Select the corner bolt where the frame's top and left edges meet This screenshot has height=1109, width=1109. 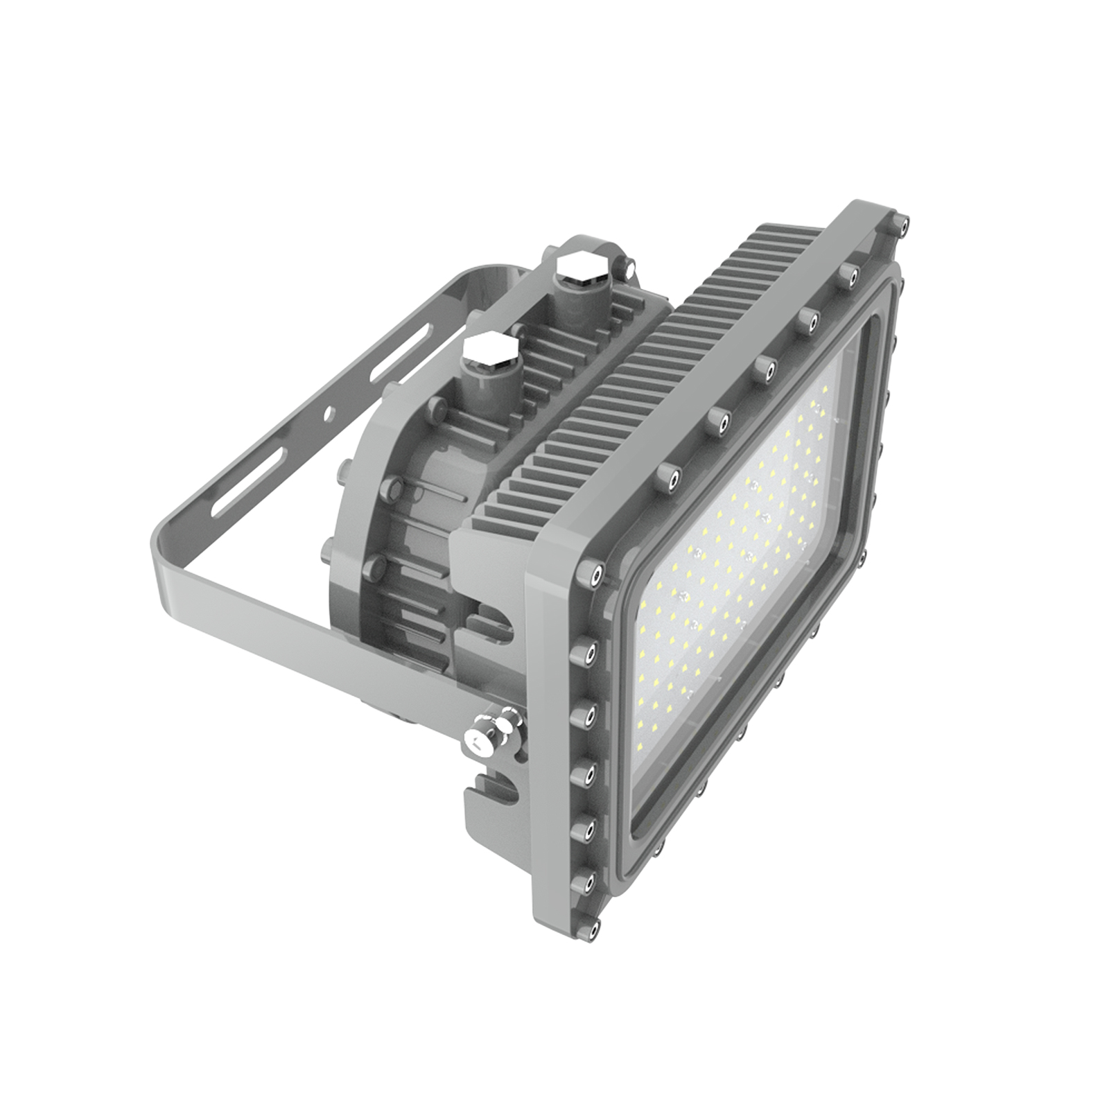(x=593, y=573)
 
